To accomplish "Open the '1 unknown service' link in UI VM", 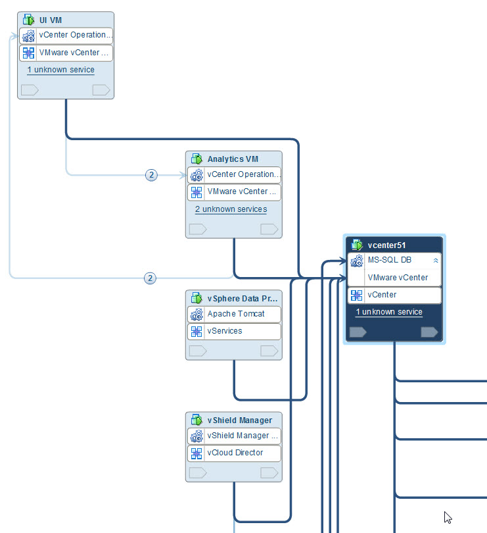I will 60,70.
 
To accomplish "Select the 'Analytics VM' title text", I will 233,159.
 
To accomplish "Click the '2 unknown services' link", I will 231,209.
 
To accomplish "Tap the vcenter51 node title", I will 387,245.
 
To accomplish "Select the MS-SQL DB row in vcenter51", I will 389,260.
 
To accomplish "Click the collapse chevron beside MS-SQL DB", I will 435,261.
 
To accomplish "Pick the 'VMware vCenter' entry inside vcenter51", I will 398,278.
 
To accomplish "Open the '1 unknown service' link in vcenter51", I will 389,312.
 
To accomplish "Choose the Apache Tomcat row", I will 236,314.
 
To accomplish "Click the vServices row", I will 225,331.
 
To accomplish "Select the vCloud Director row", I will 235,453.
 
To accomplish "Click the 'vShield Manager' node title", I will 239,420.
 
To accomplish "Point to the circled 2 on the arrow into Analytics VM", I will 151,175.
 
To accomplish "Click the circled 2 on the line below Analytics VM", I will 150,278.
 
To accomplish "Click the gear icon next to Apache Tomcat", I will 196,315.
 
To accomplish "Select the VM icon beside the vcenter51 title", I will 357,245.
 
